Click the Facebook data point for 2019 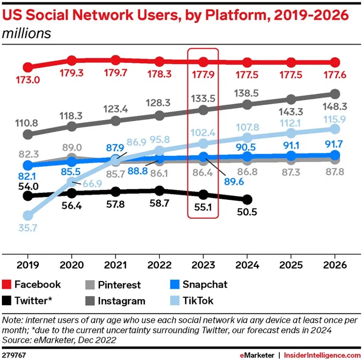tap(28, 67)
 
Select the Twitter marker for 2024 tap(248, 199)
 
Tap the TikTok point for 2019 tap(28, 215)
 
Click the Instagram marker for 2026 tap(335, 94)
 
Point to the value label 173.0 tap(28, 78)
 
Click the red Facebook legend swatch tap(6, 285)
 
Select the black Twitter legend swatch tap(6, 300)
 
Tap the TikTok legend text tap(198, 300)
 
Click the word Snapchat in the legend tap(205, 285)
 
